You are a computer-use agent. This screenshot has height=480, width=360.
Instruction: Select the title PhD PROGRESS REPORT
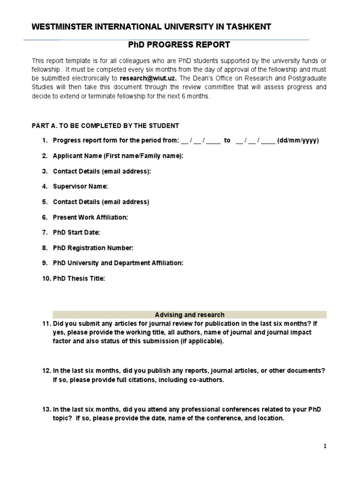(x=180, y=45)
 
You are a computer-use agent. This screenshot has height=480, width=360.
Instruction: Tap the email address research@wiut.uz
(x=148, y=78)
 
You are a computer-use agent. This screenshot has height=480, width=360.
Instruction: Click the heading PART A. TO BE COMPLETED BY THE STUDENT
(x=105, y=126)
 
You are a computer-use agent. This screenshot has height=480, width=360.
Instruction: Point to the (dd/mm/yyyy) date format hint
(x=298, y=141)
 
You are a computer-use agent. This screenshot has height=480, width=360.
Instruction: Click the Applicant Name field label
(x=118, y=156)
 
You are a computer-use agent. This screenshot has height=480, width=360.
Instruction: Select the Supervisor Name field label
(x=80, y=187)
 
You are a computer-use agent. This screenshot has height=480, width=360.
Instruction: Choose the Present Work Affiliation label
(x=90, y=217)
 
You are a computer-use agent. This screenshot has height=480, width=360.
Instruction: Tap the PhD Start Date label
(x=76, y=232)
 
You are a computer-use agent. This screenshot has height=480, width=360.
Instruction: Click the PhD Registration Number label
(x=93, y=248)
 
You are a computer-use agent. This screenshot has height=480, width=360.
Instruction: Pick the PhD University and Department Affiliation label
(x=118, y=263)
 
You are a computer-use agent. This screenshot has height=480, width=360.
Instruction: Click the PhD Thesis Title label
(x=79, y=278)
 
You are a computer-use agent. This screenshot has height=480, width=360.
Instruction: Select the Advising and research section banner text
(x=189, y=315)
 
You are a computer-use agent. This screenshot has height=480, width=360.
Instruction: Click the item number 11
(x=46, y=323)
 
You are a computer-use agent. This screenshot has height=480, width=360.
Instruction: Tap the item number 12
(x=46, y=371)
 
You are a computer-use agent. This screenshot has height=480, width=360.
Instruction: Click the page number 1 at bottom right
(x=324, y=446)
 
